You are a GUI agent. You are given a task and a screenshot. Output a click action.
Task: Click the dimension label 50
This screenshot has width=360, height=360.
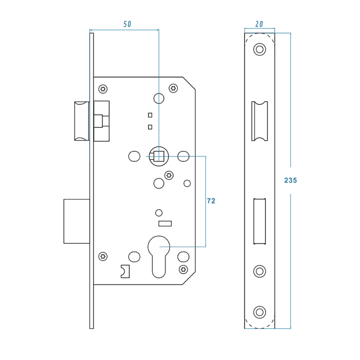(127, 24)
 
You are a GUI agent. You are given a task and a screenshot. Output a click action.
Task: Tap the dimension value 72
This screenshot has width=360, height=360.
(211, 201)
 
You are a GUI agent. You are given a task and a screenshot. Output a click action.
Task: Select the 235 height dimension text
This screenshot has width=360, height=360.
(290, 180)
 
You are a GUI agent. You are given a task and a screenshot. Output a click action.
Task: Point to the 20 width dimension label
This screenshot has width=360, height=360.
(259, 24)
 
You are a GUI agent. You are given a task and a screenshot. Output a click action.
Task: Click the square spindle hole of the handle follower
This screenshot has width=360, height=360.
(159, 156)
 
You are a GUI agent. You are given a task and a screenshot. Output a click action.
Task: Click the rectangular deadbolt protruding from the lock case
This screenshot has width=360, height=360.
(77, 221)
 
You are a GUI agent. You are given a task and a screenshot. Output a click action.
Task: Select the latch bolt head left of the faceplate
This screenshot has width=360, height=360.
(82, 121)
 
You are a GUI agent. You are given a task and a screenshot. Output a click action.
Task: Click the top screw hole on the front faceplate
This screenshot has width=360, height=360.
(259, 49)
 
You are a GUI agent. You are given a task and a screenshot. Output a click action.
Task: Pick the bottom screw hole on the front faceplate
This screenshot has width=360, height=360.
(259, 312)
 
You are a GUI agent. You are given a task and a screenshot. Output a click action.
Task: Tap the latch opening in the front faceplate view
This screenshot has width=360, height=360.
(259, 121)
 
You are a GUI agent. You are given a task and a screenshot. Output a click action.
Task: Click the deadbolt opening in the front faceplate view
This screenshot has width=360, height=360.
(259, 221)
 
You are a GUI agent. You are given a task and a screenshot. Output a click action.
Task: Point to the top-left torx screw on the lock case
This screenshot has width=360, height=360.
(103, 89)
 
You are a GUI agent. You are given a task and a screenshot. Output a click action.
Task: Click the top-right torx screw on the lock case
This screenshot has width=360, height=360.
(173, 88)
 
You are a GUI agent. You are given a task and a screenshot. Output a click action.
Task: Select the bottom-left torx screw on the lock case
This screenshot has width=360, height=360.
(103, 256)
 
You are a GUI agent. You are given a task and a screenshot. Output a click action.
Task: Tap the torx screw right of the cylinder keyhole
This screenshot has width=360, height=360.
(183, 269)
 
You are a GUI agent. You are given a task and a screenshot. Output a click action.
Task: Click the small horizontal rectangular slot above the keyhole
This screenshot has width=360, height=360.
(165, 223)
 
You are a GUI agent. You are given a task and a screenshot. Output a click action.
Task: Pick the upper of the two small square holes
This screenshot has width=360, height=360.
(150, 115)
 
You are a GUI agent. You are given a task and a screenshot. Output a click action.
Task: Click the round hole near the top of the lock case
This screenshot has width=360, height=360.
(159, 98)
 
